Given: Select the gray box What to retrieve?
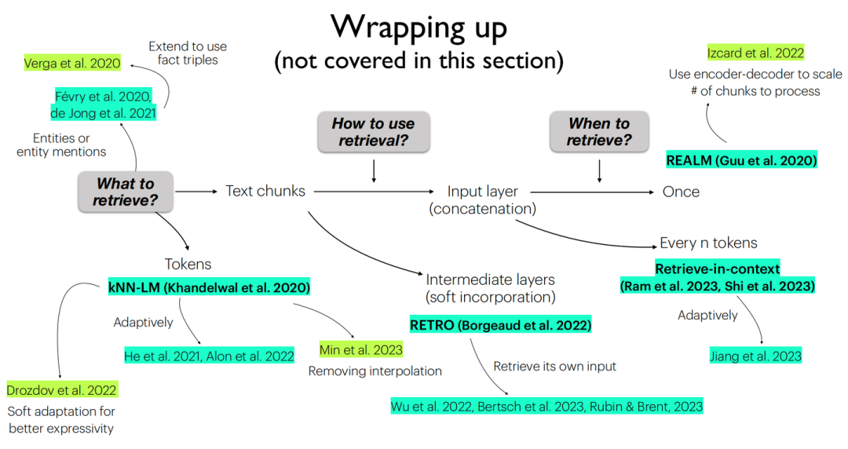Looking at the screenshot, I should coord(125,192).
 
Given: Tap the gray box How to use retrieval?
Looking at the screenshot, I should coord(374,132).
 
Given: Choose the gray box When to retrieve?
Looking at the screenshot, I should coord(600,132).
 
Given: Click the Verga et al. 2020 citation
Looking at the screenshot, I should coord(72,63).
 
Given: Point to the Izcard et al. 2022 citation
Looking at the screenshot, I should coord(755,53).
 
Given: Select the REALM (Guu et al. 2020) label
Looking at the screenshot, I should coord(741,160).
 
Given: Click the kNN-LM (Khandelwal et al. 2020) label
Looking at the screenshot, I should coord(209,287).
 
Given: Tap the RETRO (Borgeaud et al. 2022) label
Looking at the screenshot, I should coord(500,325).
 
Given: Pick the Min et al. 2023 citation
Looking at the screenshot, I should coord(360,350).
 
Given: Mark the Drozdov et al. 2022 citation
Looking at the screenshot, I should coord(61,390).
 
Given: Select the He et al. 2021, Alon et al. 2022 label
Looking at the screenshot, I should coord(209,356).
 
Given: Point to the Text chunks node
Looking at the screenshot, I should coord(265,191).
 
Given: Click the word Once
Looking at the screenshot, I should coord(681,192).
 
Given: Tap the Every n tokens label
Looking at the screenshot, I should coord(708,243).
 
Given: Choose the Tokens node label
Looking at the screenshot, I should coord(188,265).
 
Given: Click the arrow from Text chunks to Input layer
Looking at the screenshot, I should coord(374,192).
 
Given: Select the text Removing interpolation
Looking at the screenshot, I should coord(375,371).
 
